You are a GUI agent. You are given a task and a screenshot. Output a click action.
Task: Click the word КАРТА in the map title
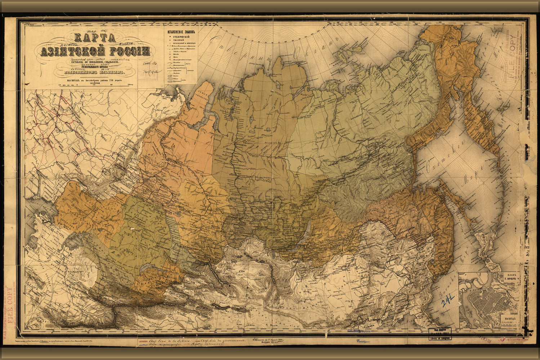click(x=94, y=37)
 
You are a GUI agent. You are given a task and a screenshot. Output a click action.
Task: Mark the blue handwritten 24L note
click(x=448, y=298)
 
